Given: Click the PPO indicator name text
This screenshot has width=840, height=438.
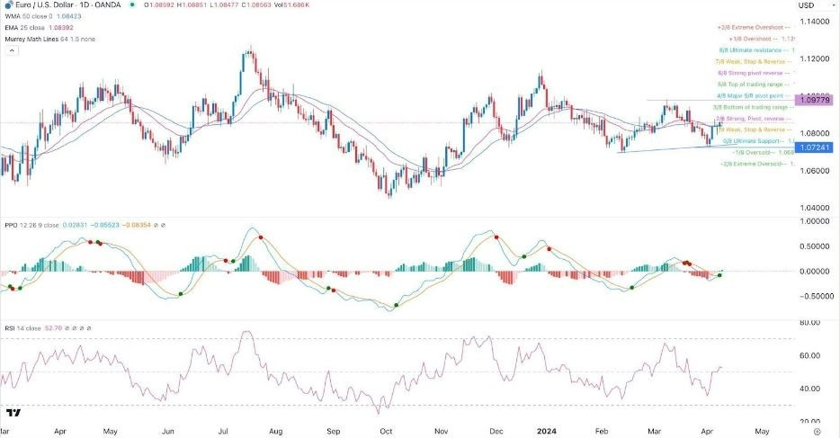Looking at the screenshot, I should pyautogui.click(x=12, y=224).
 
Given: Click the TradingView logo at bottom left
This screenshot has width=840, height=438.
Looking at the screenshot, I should pyautogui.click(x=13, y=413).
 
